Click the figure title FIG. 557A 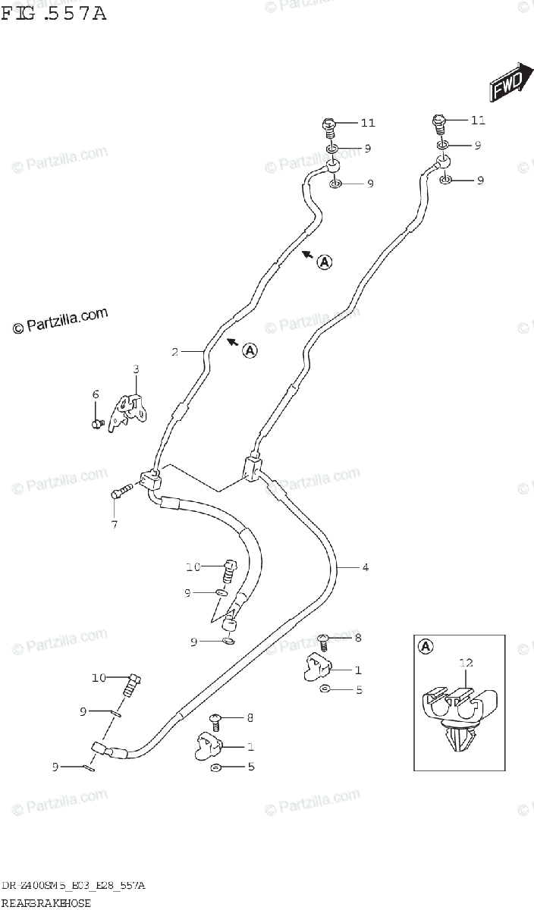click(53, 12)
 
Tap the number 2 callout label click(174, 352)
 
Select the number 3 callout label click(136, 369)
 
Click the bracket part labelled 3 click(128, 409)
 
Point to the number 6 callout click(96, 394)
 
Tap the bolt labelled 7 click(122, 492)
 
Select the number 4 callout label click(365, 566)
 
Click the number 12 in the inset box click(466, 662)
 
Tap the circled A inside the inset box click(426, 647)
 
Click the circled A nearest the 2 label click(250, 350)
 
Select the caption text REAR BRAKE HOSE click(46, 902)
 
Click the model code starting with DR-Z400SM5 click(74, 886)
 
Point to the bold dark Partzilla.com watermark click(61, 322)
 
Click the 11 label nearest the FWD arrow click(478, 120)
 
